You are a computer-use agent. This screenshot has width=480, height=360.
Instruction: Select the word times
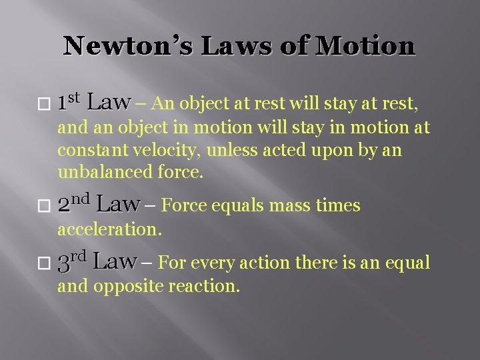(x=337, y=206)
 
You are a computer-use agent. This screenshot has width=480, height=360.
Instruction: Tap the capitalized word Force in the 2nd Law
(x=181, y=205)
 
